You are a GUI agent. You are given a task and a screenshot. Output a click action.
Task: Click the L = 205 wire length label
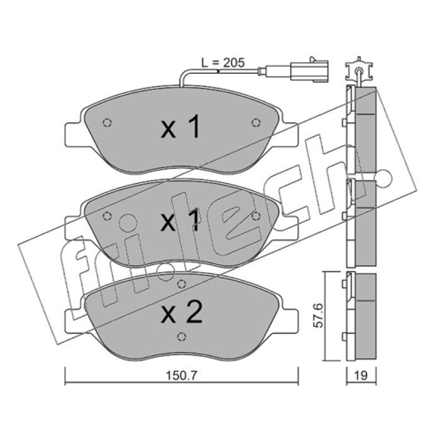(223, 63)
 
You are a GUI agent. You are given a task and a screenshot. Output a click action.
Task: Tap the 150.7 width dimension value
(182, 375)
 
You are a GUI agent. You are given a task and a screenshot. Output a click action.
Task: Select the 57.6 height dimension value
(319, 315)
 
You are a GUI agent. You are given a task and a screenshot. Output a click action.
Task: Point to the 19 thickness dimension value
(361, 375)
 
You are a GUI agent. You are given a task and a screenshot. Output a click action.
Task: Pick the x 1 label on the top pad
(180, 127)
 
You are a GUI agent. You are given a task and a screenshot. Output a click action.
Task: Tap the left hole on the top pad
(107, 122)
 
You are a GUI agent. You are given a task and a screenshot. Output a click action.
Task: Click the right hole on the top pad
(256, 122)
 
